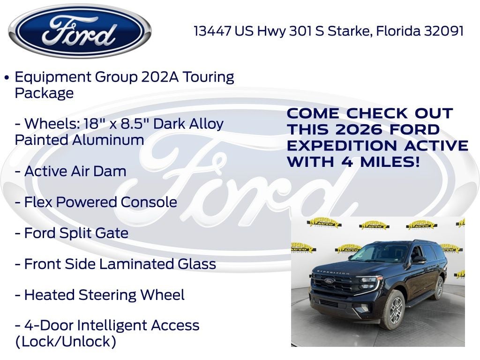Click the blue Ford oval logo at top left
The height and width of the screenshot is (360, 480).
click(x=80, y=31)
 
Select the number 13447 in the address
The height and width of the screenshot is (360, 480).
click(x=213, y=31)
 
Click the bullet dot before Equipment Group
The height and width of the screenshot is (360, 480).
click(x=7, y=77)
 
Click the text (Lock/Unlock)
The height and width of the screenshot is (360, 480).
click(x=66, y=341)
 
